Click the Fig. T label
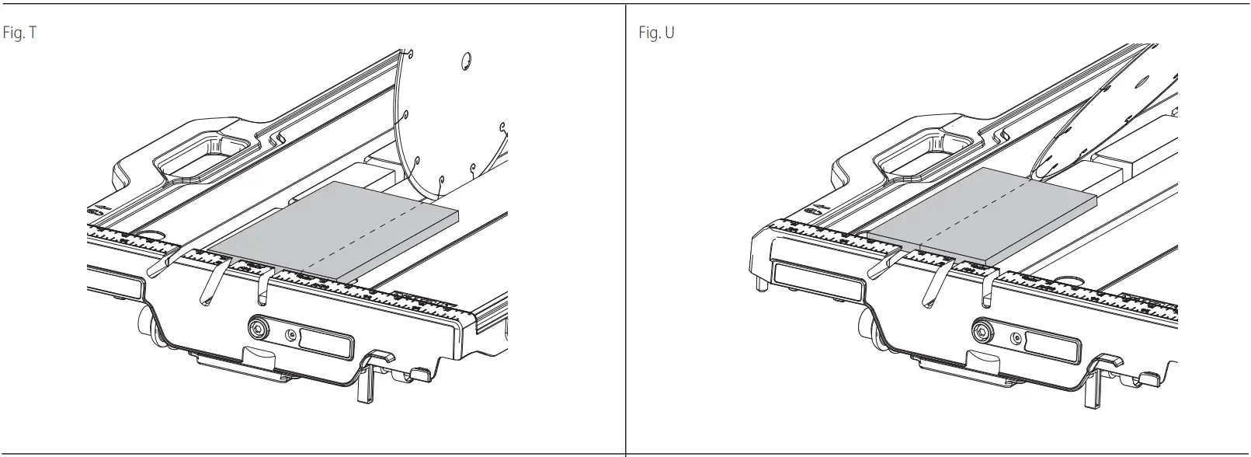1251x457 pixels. (x=19, y=35)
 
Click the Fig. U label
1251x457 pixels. (x=655, y=35)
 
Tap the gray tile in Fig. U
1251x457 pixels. (x=978, y=214)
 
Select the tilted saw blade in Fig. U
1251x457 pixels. (x=1103, y=124)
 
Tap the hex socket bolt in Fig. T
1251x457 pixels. (x=256, y=327)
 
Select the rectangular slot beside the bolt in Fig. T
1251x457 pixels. (x=325, y=343)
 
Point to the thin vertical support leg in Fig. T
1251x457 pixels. (x=363, y=389)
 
